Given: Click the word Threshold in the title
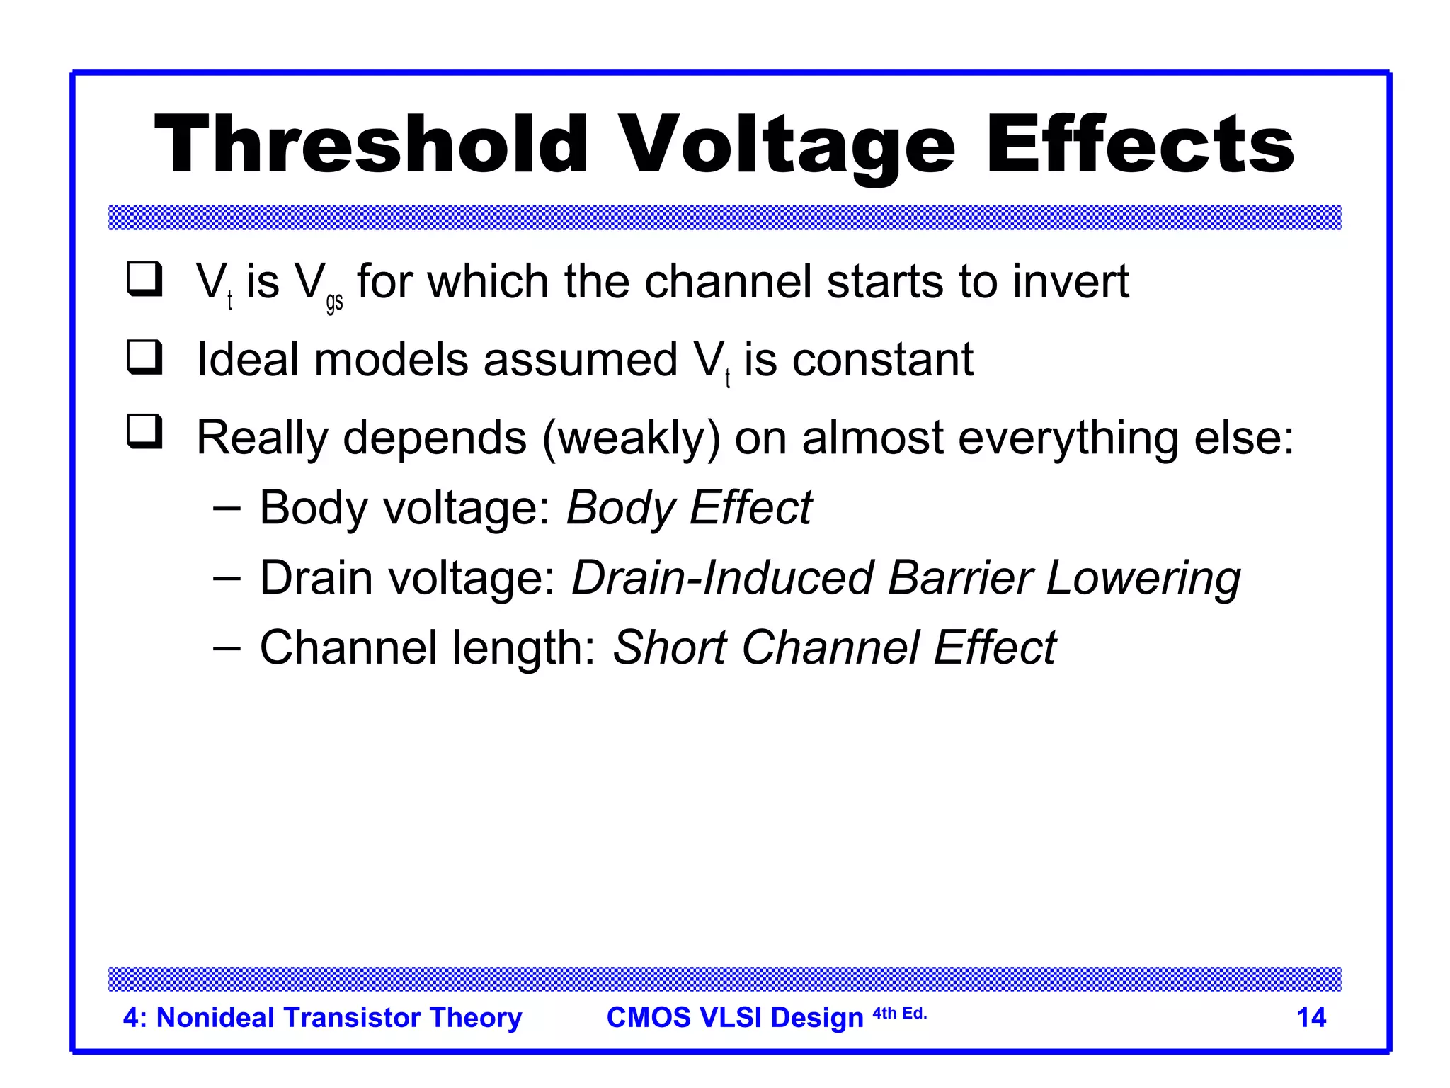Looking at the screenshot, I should pos(371,145).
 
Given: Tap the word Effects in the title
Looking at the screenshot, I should pos(1139,145).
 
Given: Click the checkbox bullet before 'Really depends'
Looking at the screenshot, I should pos(145,432).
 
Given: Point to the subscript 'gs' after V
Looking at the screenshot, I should pos(334,302).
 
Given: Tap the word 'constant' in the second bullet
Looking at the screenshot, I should pos(882,360).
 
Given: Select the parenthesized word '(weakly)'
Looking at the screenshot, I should pos(631,438).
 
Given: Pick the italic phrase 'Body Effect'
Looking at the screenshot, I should pos(688,508).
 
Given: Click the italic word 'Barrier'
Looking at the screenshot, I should pos(959,578).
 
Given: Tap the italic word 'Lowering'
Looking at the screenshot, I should pos(1143,578).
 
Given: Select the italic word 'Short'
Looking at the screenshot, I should pos(669,647).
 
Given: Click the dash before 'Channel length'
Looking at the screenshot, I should pos(227,647).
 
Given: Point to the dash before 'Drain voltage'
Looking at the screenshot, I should pos(227,578).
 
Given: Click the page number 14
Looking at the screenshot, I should pos(1311,1018).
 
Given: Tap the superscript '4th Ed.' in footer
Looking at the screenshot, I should pos(899,1014).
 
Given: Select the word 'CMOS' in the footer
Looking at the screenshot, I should pos(649,1018).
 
